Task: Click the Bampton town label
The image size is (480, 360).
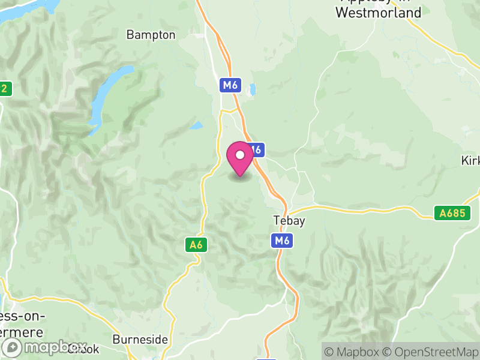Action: pyautogui.click(x=151, y=35)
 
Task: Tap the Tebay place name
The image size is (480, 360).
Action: pyautogui.click(x=289, y=221)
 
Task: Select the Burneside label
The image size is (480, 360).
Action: pyautogui.click(x=140, y=339)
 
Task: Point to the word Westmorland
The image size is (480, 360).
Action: pyautogui.click(x=378, y=12)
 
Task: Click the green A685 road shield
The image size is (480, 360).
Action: pyautogui.click(x=450, y=213)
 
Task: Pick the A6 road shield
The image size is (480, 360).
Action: pyautogui.click(x=196, y=244)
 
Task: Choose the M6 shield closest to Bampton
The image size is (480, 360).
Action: pyautogui.click(x=230, y=85)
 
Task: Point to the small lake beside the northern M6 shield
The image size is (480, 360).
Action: pyautogui.click(x=253, y=89)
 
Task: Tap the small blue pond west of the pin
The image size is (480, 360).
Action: pyautogui.click(x=196, y=126)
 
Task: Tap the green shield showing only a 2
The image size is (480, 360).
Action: pyautogui.click(x=5, y=89)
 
